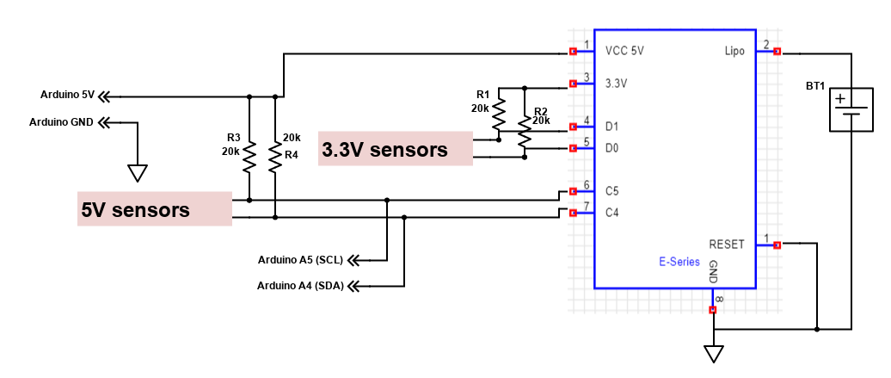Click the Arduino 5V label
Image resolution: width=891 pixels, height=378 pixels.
(x=67, y=95)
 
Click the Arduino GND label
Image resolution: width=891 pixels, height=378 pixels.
(x=61, y=122)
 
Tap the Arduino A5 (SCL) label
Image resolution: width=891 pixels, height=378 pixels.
(x=300, y=259)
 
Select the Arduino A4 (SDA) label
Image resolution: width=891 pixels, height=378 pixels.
(x=300, y=285)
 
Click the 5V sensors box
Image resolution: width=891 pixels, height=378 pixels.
(x=155, y=209)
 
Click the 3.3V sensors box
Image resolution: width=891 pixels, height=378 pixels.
(x=396, y=150)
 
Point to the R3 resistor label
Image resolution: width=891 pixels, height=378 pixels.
(x=233, y=138)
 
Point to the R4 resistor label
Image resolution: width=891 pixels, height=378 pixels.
(x=292, y=155)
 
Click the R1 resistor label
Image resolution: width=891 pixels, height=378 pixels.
(x=482, y=94)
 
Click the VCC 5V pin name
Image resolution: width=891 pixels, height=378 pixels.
(x=624, y=52)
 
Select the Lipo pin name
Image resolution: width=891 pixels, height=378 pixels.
(x=735, y=52)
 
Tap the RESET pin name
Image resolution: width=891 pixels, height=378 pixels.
(x=727, y=245)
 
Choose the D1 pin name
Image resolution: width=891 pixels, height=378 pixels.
(x=611, y=127)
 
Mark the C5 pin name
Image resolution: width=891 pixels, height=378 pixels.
(x=612, y=190)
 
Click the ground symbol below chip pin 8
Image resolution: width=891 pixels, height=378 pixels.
(x=714, y=353)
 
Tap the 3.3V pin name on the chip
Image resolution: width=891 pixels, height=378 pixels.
(x=616, y=84)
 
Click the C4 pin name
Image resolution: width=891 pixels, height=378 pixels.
(x=612, y=212)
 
